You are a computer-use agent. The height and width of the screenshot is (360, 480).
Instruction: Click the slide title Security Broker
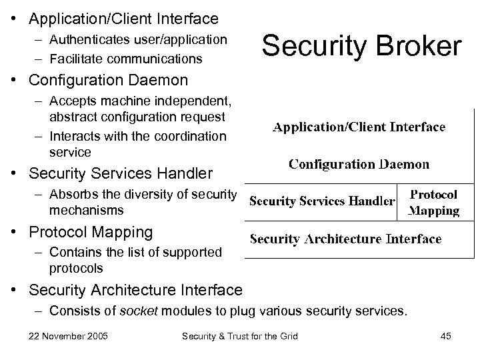tap(361, 47)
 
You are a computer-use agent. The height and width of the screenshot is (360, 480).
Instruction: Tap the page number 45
tap(445, 335)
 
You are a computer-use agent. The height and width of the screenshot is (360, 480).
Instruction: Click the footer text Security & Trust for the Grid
tap(240, 335)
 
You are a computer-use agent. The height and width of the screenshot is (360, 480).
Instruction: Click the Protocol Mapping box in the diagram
tap(433, 202)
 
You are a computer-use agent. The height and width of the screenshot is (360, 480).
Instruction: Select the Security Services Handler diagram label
tap(322, 201)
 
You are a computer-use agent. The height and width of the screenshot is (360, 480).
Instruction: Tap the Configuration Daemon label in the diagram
tap(359, 164)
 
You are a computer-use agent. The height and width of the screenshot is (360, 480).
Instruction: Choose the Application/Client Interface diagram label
tap(359, 127)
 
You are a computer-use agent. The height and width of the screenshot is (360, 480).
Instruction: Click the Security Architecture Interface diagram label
tap(345, 239)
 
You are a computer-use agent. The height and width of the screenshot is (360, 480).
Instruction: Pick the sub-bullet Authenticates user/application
tap(137, 39)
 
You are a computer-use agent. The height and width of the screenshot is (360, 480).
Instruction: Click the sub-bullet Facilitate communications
tap(125, 59)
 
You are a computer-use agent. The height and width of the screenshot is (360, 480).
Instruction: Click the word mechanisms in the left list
tap(87, 210)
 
